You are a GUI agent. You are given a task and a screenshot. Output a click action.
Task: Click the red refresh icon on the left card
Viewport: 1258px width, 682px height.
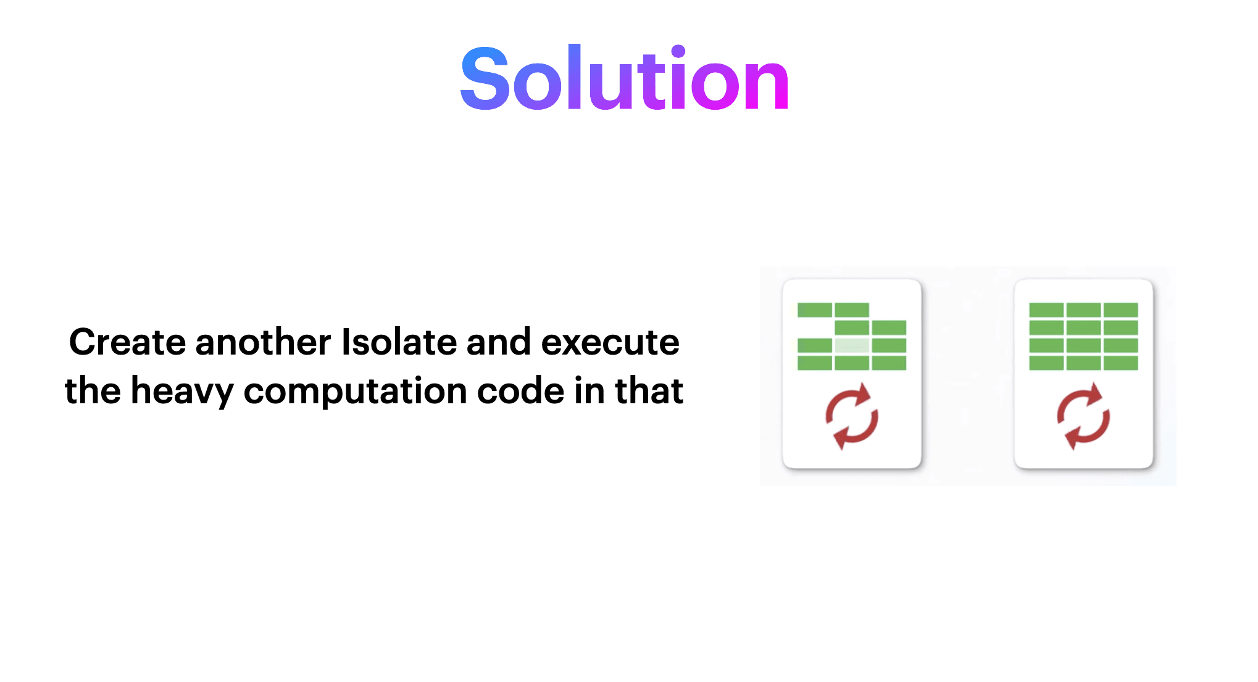point(852,416)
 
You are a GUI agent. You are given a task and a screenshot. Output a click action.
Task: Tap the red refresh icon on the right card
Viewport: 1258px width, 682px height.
point(1083,416)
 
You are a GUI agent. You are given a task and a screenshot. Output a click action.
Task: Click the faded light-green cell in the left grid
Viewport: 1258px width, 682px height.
point(852,345)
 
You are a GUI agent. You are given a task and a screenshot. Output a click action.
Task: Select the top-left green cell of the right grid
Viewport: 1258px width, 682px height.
point(1046,310)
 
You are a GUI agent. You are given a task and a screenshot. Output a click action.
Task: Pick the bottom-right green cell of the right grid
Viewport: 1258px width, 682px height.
point(1120,363)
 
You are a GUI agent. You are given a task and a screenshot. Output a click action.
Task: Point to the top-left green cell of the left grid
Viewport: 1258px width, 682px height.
point(815,310)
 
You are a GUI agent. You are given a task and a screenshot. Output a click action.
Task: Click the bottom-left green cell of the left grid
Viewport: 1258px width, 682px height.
point(815,363)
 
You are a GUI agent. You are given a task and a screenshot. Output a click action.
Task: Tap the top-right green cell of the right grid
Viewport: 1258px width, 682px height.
point(1120,310)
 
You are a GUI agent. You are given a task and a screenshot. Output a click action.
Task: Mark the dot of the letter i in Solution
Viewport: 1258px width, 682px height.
point(678,51)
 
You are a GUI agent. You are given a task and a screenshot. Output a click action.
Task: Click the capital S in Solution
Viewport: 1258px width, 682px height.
point(485,79)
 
